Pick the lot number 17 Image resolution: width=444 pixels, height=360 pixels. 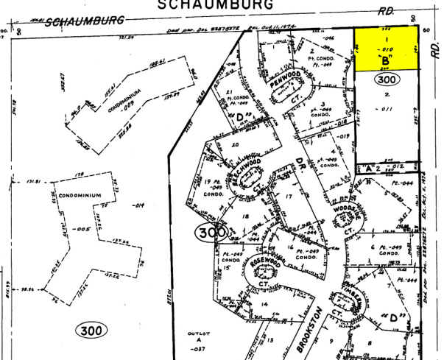[x=289, y=197]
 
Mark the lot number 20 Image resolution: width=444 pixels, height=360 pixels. [x=236, y=144]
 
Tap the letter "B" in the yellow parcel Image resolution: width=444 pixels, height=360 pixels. [x=384, y=58]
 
